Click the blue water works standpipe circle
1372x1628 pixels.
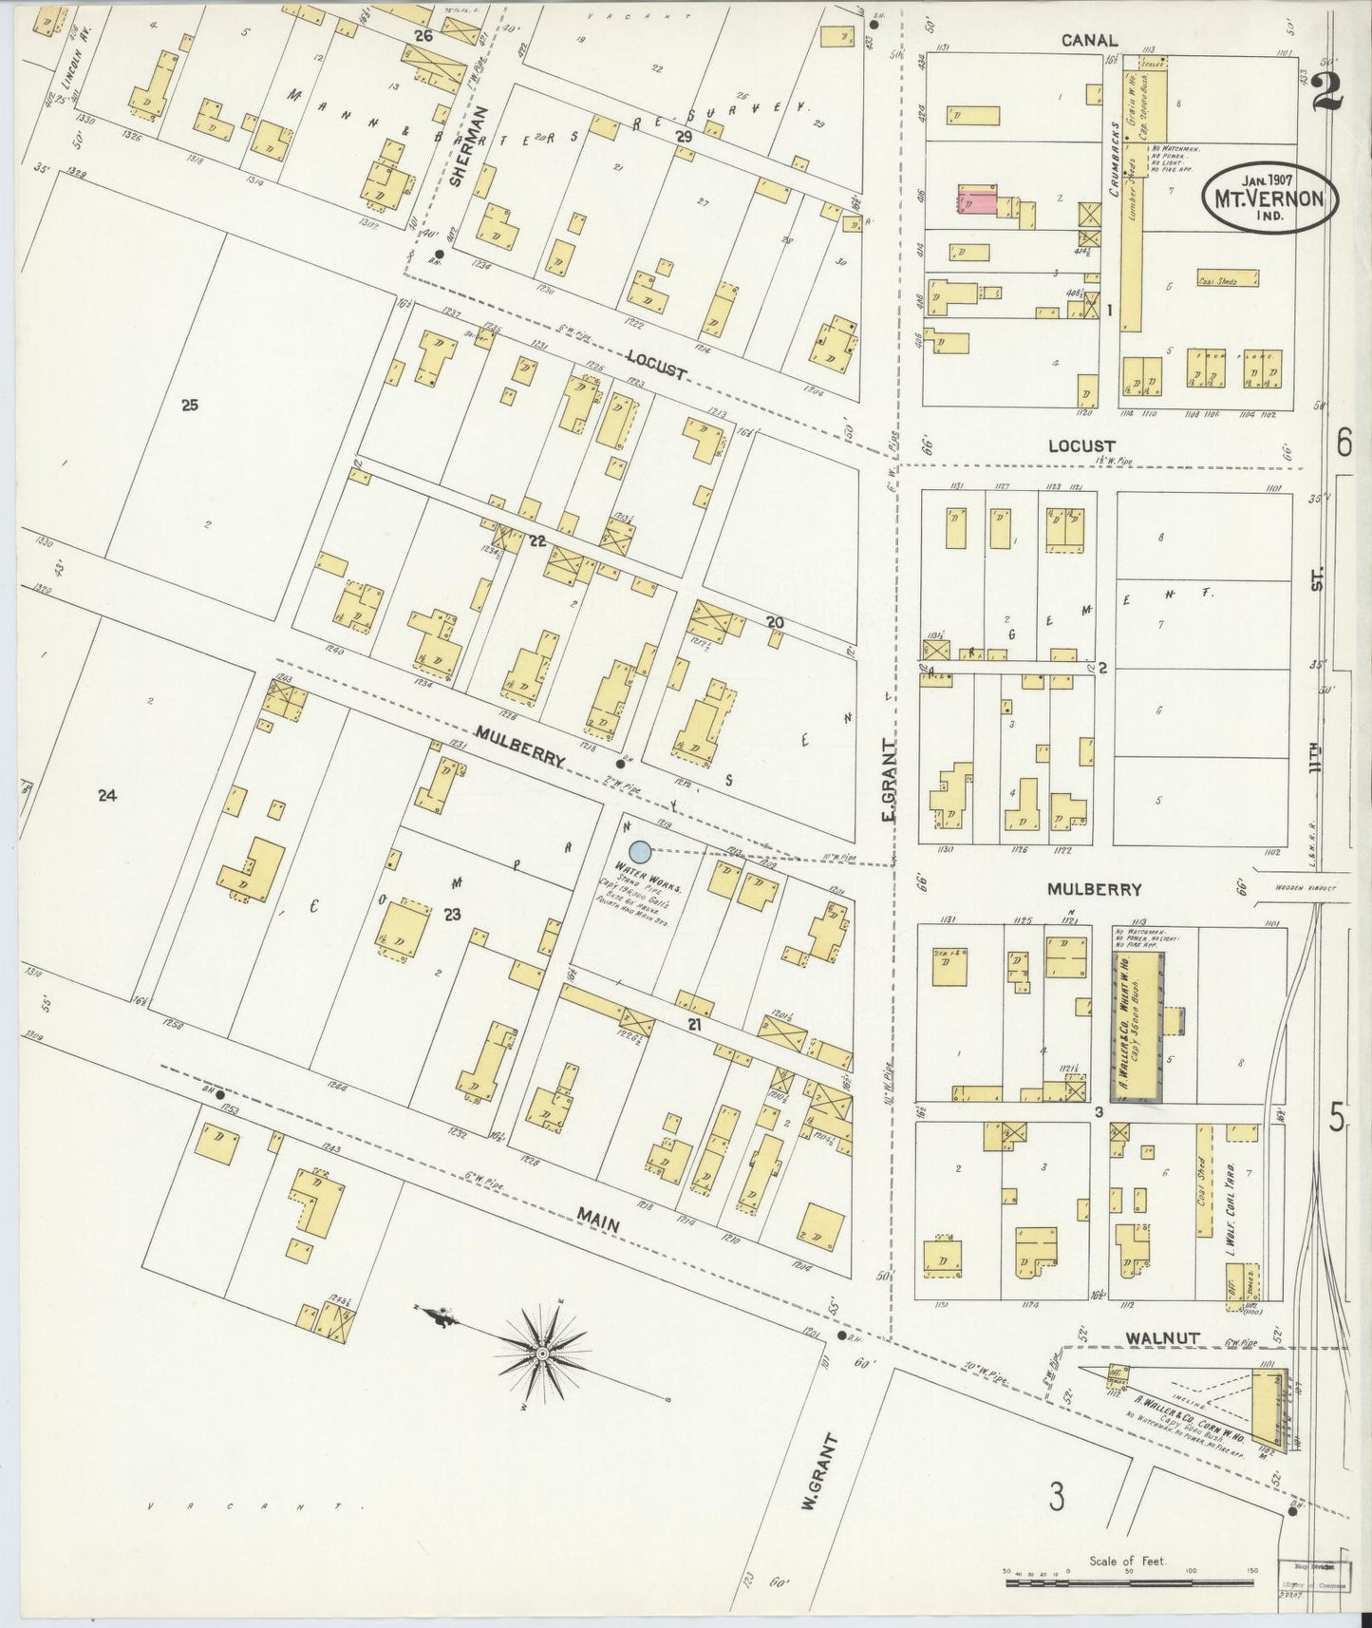tap(640, 852)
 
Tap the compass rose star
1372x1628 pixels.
tap(542, 1353)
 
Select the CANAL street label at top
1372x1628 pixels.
tap(1089, 41)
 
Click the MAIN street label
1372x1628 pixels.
tap(598, 1226)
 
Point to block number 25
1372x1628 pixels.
tap(189, 405)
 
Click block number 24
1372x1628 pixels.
tap(106, 796)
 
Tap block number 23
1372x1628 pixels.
tap(452, 916)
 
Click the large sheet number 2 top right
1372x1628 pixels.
tap(1326, 92)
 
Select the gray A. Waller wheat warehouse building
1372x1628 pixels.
tap(1137, 1026)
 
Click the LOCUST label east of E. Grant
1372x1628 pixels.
tap(1081, 445)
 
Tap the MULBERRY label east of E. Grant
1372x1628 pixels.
tap(1093, 890)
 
